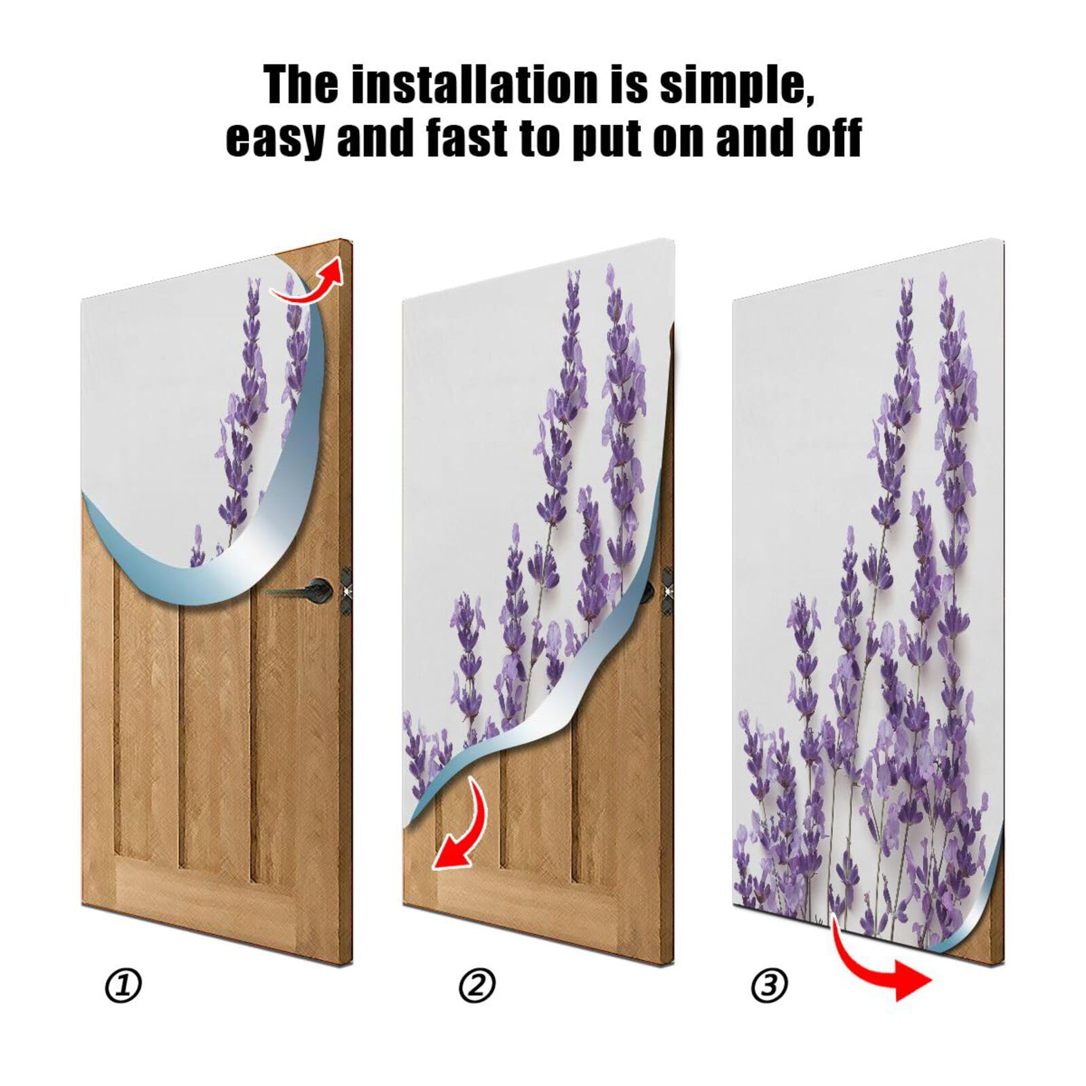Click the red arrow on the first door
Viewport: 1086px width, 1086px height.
tap(309, 282)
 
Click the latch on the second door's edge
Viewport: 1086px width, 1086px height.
tap(667, 585)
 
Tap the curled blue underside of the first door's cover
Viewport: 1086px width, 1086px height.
tap(204, 584)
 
